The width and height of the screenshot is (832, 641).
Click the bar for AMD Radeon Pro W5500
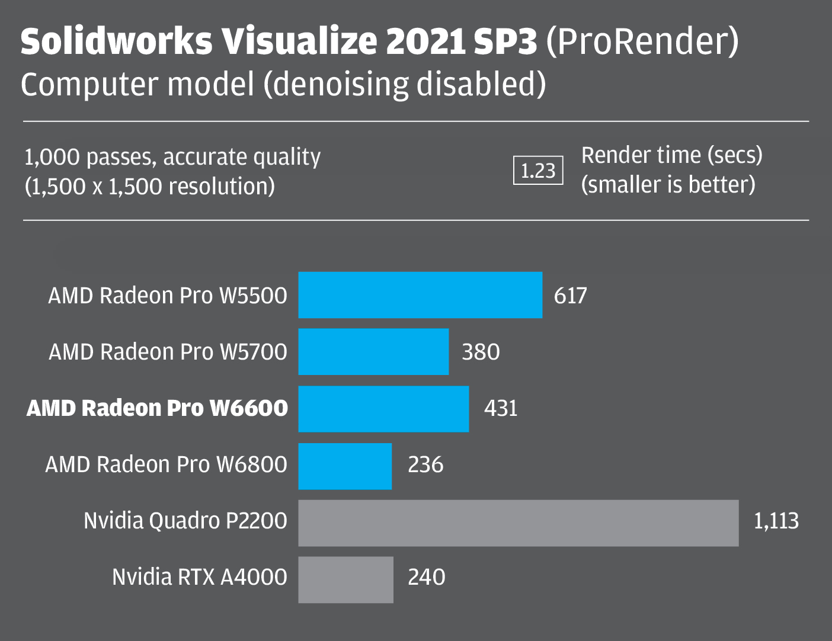coord(420,295)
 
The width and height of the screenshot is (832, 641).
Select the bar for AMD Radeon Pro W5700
coord(373,352)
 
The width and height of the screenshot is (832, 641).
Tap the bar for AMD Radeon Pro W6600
coord(383,409)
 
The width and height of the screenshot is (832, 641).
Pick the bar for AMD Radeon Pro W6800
coord(345,466)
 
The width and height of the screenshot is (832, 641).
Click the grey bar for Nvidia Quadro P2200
coord(518,523)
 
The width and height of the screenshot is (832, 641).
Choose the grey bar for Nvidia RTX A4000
coord(345,579)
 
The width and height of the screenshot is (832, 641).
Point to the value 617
coord(570,296)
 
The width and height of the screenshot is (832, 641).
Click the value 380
coord(481,352)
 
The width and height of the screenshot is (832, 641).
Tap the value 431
coord(501,409)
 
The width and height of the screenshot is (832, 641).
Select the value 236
coord(425,465)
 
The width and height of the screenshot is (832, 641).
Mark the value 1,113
coord(776,521)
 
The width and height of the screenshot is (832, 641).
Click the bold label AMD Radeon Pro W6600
coord(157,408)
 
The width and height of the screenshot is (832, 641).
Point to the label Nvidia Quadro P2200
coord(185,521)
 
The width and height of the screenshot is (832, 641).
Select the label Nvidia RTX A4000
coord(199,577)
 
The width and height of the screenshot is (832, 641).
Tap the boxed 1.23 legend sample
coord(537,171)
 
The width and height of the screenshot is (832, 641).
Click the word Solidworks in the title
coord(116,41)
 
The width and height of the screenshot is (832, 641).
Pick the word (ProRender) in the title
coord(642,41)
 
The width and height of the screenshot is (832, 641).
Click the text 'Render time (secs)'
coord(671,155)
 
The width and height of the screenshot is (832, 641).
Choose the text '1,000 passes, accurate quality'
coord(172,158)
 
